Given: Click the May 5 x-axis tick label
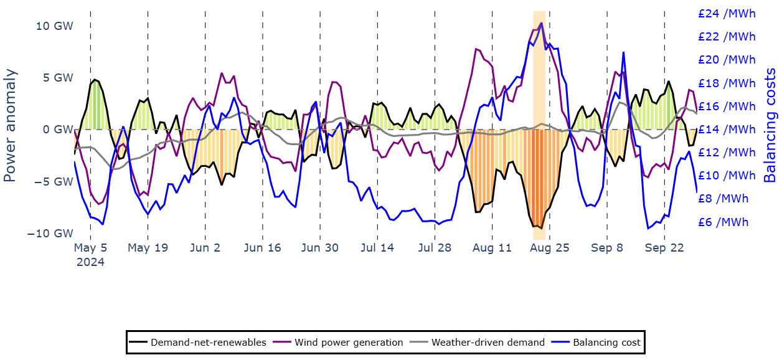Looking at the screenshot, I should (90, 248).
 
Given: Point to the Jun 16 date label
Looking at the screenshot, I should (262, 248).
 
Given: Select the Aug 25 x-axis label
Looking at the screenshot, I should (549, 248).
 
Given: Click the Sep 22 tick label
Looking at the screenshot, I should (664, 248).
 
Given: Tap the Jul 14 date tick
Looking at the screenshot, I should (377, 248).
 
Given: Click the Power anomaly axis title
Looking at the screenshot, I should (10, 125).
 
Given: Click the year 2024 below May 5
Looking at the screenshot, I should (90, 262).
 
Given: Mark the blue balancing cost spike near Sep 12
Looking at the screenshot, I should (623, 53).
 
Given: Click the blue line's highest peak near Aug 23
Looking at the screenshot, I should (542, 23).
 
